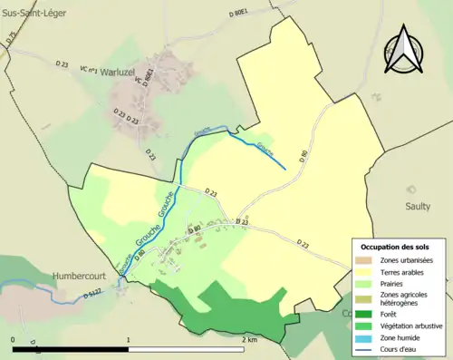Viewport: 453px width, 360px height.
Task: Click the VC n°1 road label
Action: click(89, 70)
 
